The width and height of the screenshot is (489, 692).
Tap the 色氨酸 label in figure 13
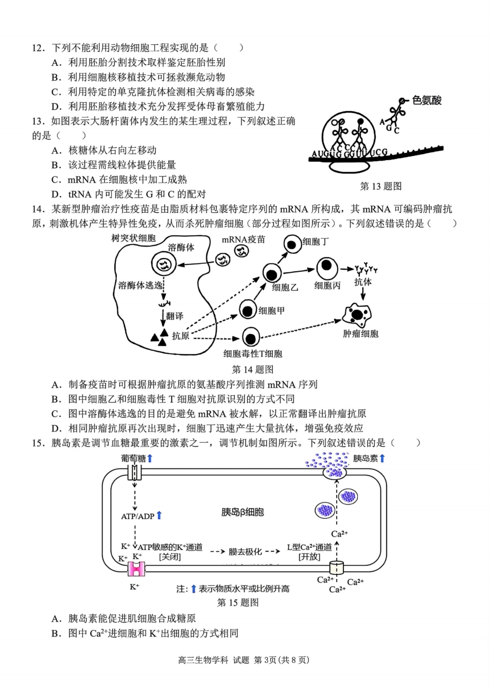click(x=427, y=100)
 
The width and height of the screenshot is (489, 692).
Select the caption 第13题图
click(x=380, y=186)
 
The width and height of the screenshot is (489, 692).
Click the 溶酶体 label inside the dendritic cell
click(x=181, y=248)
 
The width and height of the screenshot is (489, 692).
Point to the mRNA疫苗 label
click(x=243, y=239)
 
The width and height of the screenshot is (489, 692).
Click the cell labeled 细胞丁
click(x=292, y=245)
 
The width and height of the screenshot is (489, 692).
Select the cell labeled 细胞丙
click(x=326, y=268)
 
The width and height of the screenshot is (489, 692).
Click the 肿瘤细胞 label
click(x=360, y=334)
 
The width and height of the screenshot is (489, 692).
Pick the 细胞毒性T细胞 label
click(x=253, y=354)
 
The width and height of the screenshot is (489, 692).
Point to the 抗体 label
click(x=363, y=282)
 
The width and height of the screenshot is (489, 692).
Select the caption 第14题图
click(x=252, y=369)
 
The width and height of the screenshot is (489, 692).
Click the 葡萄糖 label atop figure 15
click(x=133, y=458)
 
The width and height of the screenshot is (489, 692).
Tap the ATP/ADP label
click(x=137, y=516)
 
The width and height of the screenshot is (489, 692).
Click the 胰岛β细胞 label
click(x=242, y=512)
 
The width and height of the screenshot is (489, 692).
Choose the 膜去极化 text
click(x=246, y=551)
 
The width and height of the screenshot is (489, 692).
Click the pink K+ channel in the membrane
click(x=136, y=569)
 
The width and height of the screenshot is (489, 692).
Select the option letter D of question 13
click(x=56, y=194)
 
